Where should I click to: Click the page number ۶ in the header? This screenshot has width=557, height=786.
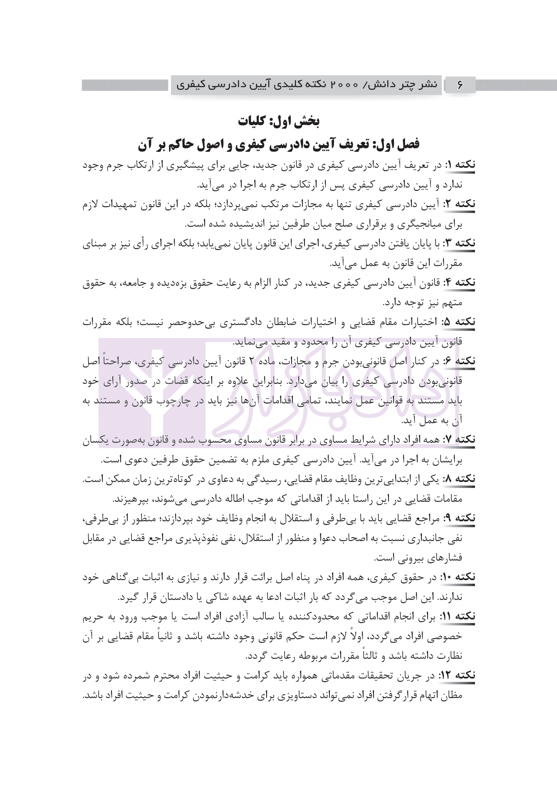tap(460, 85)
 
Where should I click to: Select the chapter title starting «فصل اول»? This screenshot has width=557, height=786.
tap(278, 144)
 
